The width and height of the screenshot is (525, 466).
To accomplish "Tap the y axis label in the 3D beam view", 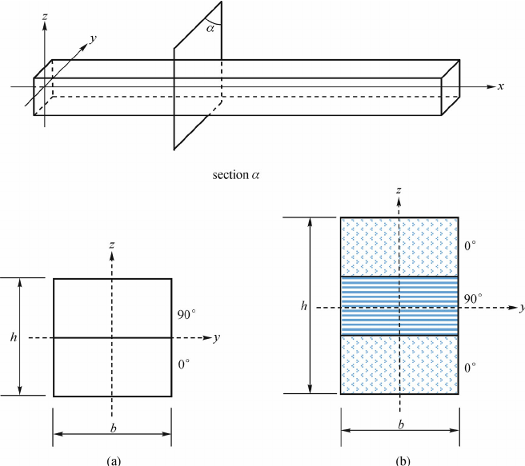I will pos(94,38).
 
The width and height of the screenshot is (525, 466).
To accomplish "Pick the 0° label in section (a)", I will pos(183,364).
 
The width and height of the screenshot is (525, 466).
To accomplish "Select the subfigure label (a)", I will pos(112,460).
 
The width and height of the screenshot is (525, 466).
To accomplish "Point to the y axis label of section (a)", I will pos(217,337).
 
